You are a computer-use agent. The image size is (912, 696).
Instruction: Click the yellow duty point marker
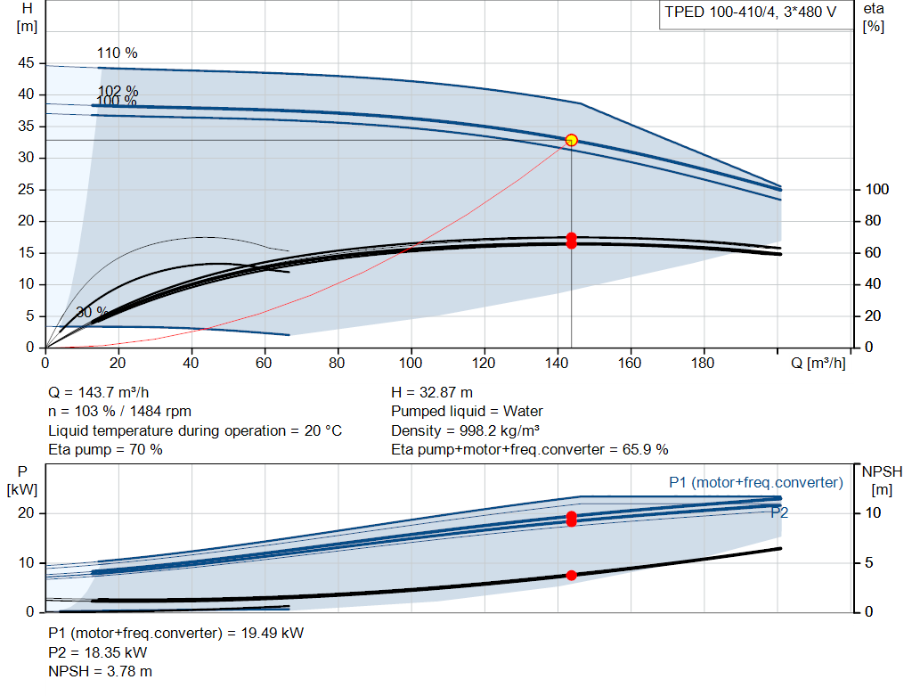point(571,140)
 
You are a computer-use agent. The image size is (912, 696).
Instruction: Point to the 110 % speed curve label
point(117,53)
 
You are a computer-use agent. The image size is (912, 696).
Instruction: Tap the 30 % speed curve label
point(92,312)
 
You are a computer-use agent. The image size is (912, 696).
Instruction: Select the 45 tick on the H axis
point(26,63)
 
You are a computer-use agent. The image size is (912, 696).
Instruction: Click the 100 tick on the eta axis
point(877,189)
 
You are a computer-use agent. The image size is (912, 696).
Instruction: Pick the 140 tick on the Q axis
point(557,363)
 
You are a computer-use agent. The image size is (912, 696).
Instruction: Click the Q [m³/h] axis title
point(818,363)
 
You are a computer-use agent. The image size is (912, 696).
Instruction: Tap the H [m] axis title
point(27,18)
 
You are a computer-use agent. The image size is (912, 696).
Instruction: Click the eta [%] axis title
point(874,18)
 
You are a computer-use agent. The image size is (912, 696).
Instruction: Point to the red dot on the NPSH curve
point(571,575)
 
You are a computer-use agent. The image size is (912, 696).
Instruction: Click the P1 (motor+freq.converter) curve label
point(756,482)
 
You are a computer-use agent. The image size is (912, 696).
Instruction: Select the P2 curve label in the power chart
point(779,512)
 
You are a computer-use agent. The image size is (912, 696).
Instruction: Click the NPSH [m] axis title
point(883,480)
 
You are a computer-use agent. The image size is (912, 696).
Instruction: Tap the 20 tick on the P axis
point(26,512)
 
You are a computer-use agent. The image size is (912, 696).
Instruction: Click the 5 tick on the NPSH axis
point(869,562)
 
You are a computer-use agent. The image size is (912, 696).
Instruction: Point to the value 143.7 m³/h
point(113,392)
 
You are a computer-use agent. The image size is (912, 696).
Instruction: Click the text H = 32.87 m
point(432,392)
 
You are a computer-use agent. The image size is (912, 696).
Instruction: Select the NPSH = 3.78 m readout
point(100,671)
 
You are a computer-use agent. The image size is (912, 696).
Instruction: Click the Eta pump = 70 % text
point(105,449)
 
